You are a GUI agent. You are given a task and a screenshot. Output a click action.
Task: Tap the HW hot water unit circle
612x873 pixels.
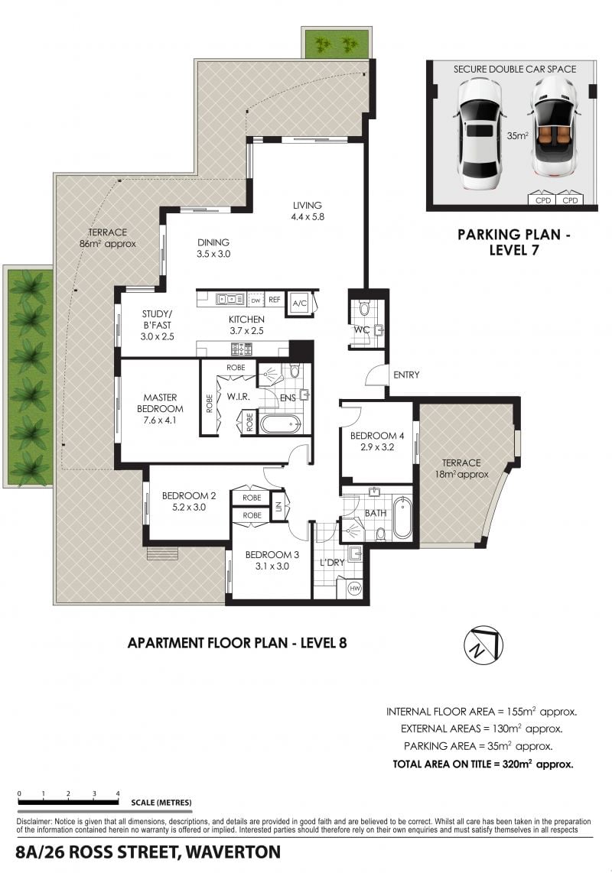tap(354, 588)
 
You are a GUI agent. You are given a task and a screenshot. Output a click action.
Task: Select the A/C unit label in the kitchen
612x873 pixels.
tap(299, 303)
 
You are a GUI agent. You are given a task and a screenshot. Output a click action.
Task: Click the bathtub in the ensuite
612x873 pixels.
tap(281, 424)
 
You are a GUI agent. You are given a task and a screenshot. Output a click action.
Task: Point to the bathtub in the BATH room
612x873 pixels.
tap(402, 519)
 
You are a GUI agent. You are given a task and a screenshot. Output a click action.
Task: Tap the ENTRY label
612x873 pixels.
tap(406, 375)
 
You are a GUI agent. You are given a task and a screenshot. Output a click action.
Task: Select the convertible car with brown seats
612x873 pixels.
tap(552, 128)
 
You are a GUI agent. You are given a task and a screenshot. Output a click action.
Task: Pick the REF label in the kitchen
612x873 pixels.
tap(274, 300)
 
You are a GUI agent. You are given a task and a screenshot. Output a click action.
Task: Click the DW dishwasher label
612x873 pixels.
tap(256, 300)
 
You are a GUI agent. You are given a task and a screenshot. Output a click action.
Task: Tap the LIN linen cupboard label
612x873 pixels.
tap(278, 508)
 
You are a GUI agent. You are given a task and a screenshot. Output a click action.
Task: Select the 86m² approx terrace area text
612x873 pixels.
tap(108, 244)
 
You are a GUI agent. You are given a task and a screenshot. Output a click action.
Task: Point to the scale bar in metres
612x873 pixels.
tap(68, 803)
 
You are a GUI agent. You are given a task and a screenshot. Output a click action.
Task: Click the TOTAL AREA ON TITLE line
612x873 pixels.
tap(483, 764)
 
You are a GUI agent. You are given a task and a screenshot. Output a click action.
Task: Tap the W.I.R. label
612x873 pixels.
tap(238, 397)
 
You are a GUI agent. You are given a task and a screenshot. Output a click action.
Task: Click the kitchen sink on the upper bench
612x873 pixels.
tap(230, 300)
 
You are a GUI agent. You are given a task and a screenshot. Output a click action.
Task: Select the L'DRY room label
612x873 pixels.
tap(332, 563)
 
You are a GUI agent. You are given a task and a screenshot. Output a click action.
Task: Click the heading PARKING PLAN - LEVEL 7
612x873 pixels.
tap(514, 242)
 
